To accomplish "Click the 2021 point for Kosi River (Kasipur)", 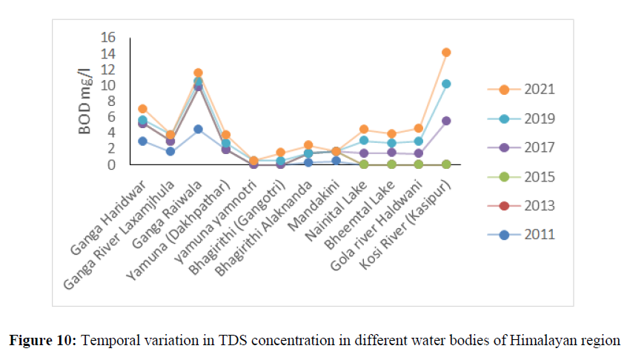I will [x=446, y=52].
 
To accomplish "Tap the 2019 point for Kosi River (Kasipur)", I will [x=446, y=84].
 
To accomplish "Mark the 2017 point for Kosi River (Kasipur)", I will [x=446, y=121].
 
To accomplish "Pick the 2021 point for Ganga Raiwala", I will [x=198, y=73].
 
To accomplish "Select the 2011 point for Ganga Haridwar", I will [x=142, y=141].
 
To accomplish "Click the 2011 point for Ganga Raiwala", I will [x=198, y=129].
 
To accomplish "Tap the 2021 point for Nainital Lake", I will [x=364, y=129].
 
